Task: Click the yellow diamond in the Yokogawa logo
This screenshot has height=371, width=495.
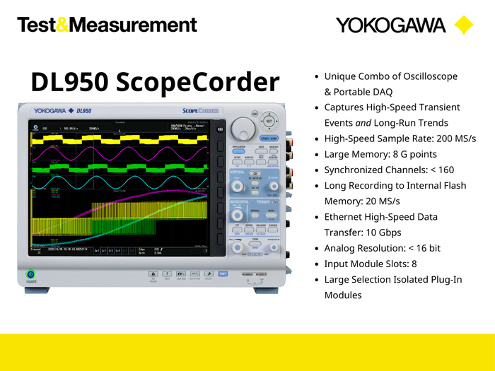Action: click(463, 25)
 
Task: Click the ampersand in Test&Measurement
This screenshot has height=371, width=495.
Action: click(62, 25)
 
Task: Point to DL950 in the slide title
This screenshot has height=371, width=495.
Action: click(69, 83)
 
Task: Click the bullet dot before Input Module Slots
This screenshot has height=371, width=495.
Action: click(315, 264)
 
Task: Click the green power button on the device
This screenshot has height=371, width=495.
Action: click(31, 274)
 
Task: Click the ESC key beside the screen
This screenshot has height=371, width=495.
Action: click(220, 129)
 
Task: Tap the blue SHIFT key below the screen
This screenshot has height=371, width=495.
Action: click(223, 273)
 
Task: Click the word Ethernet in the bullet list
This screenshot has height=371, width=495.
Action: click(345, 217)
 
